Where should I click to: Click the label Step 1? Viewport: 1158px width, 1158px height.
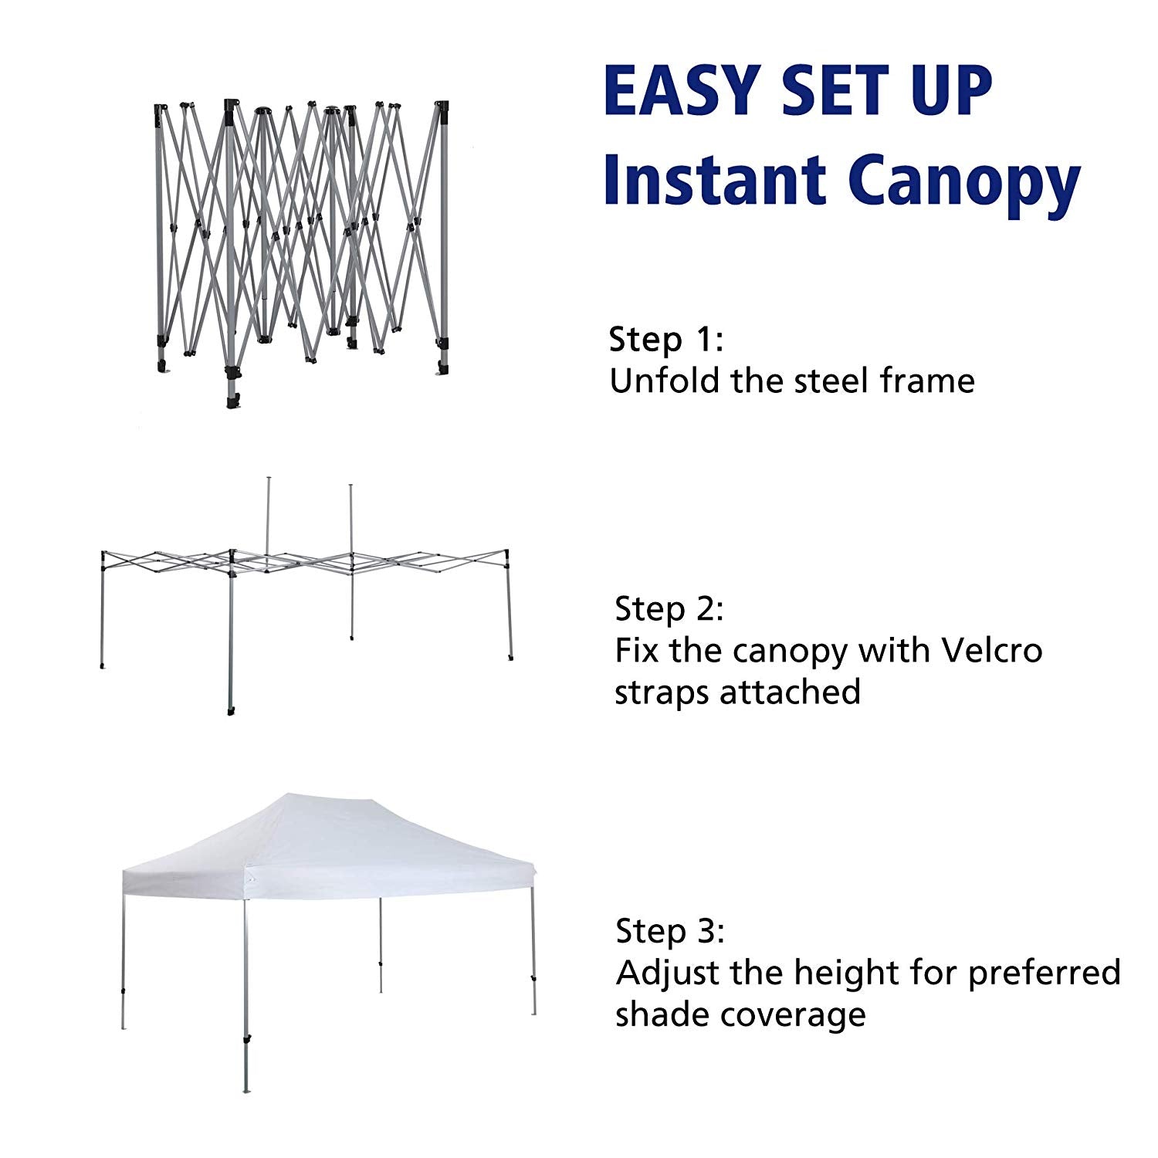coord(666,340)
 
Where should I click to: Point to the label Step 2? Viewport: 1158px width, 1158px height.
coord(669,609)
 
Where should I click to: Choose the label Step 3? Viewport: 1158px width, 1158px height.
coord(670,932)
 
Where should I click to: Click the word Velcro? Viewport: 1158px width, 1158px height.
coord(992,651)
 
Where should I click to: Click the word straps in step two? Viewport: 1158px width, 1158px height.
coord(662,694)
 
